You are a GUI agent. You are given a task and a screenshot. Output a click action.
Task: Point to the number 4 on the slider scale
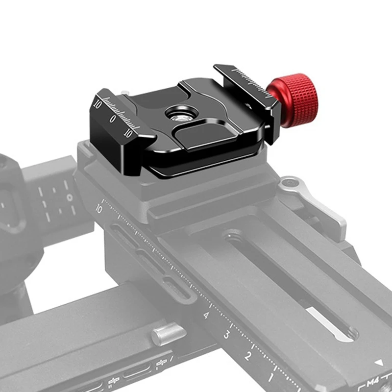(206, 315)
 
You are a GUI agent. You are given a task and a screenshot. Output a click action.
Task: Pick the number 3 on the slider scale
(227, 336)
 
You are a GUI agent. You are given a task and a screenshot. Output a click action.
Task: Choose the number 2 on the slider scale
(248, 356)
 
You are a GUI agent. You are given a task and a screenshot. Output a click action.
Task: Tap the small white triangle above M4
(378, 364)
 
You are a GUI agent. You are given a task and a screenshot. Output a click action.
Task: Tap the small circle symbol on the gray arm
(70, 197)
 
